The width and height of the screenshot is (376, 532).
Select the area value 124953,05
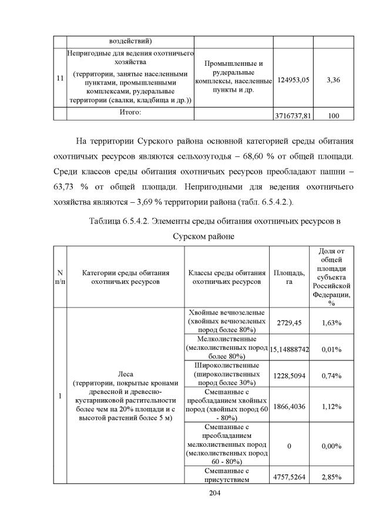293,80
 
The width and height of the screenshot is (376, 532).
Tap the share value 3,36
333,80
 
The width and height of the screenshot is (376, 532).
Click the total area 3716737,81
293,116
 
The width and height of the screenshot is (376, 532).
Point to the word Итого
129,112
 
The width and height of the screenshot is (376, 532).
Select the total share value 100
333,116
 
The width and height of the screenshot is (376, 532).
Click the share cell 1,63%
333,323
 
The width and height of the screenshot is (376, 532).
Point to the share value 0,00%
333,446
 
